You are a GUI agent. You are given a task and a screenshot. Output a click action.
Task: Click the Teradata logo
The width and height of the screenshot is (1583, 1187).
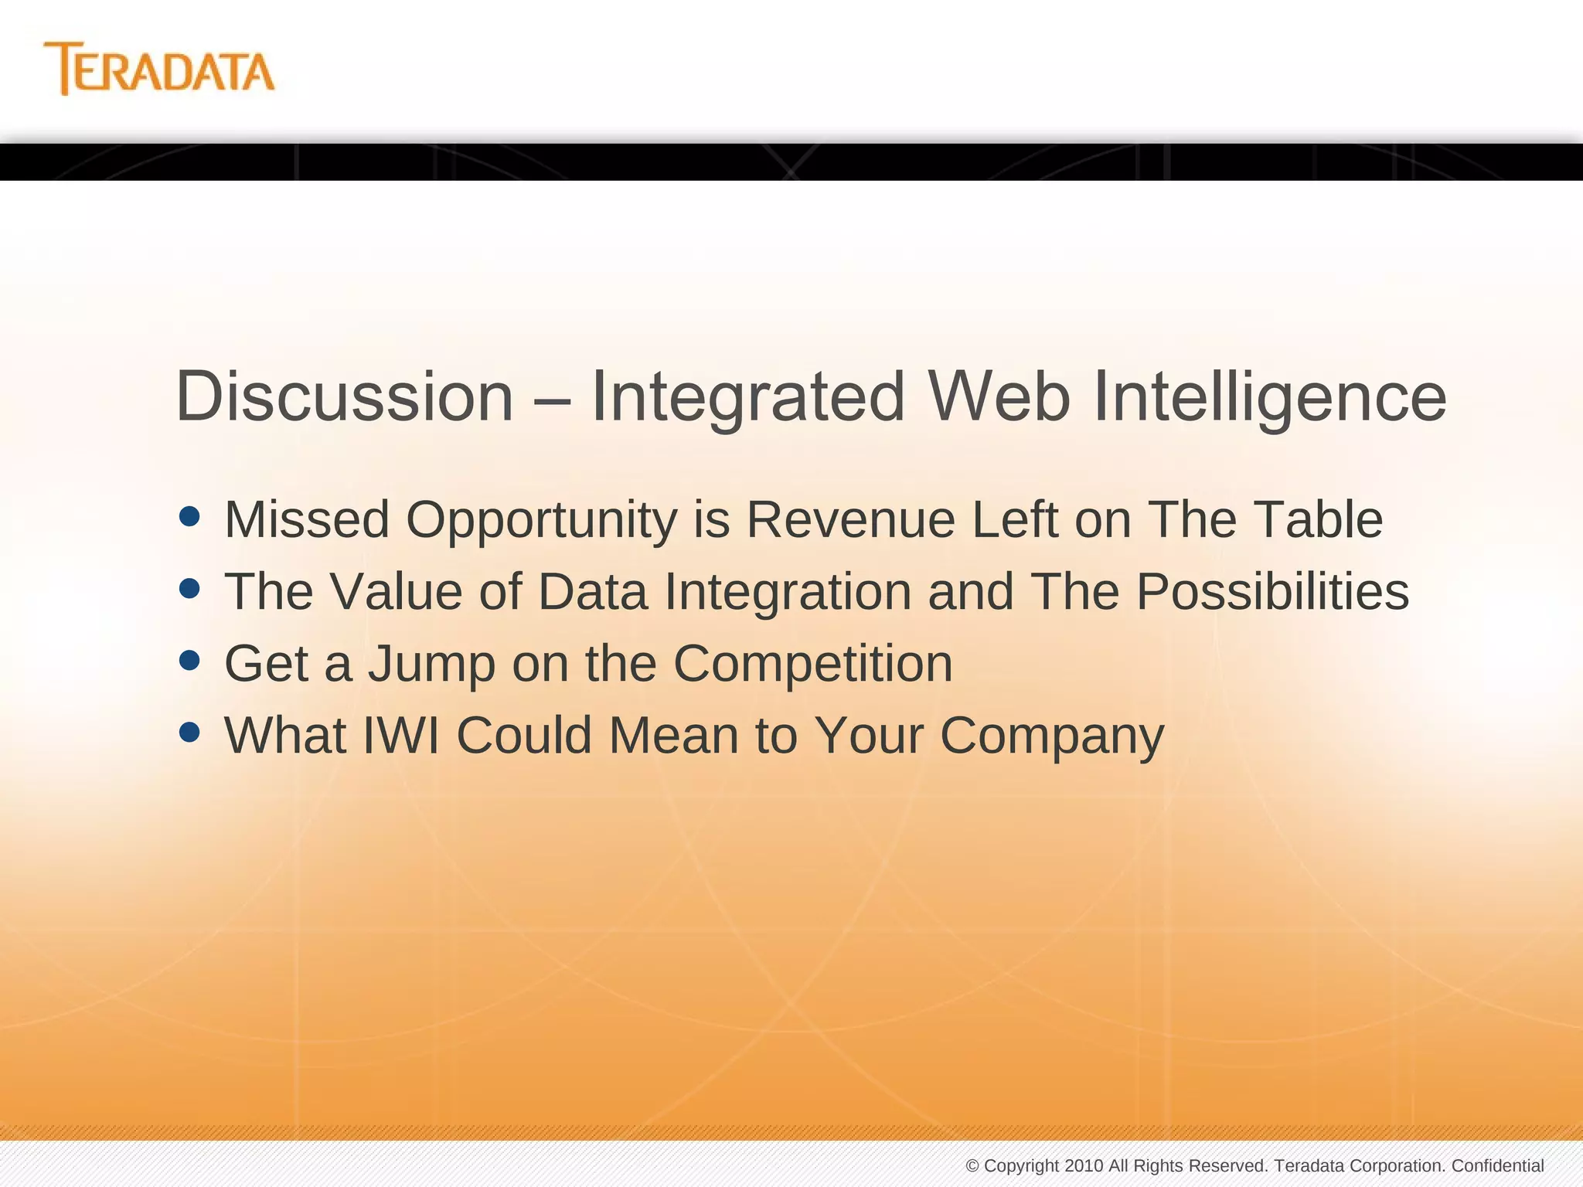159,69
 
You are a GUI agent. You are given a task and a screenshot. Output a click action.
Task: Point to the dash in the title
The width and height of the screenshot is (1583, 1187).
552,398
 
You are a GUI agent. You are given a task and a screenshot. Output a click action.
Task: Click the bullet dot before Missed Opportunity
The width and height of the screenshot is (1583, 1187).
189,516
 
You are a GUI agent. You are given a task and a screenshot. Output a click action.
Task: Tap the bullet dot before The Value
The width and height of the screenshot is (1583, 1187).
189,589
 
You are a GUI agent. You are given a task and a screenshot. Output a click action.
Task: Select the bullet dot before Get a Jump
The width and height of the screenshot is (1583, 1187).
189,660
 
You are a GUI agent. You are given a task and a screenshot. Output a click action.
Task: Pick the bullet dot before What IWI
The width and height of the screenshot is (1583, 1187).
189,731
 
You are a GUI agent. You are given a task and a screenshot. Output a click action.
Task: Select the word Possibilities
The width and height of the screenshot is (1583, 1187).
1272,592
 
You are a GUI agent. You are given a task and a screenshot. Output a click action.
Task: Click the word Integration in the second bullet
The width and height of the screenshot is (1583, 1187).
787,592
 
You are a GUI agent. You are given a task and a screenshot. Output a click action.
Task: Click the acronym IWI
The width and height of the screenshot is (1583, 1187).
401,735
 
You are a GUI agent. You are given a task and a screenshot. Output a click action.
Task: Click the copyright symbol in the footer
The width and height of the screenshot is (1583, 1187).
972,1165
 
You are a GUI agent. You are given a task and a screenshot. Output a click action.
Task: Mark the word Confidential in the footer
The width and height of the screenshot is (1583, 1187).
1497,1165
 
